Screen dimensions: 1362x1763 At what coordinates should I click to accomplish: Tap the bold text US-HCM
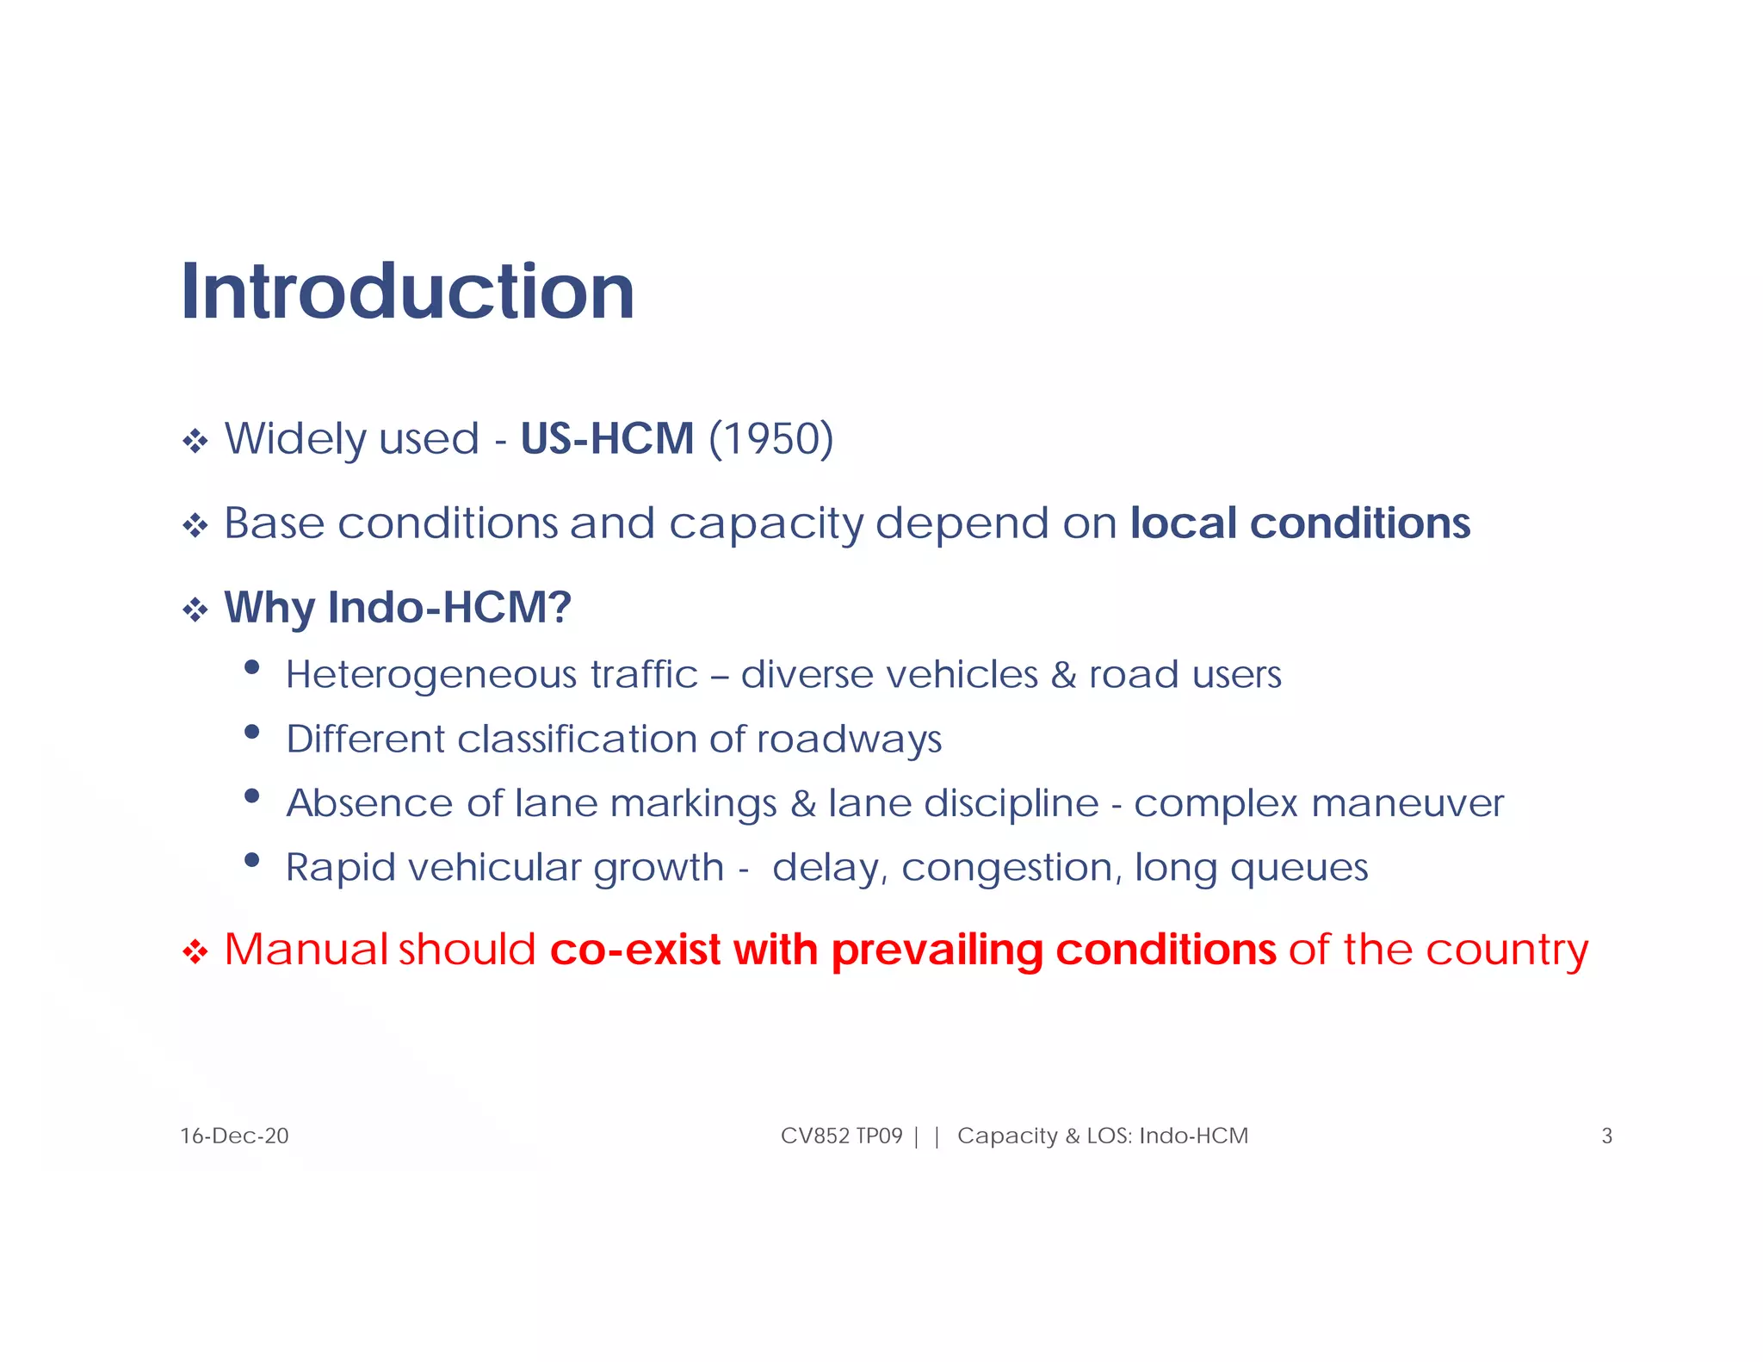pyautogui.click(x=607, y=439)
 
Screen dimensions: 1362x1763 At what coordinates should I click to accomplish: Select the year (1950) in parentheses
pyautogui.click(x=771, y=439)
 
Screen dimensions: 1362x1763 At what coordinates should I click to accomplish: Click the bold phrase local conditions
pyautogui.click(x=1300, y=523)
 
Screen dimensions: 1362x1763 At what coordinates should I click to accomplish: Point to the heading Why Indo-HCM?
pyautogui.click(x=398, y=608)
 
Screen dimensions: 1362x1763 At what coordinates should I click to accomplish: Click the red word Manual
pyautogui.click(x=306, y=950)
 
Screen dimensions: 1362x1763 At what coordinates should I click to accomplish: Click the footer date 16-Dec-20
pyautogui.click(x=234, y=1136)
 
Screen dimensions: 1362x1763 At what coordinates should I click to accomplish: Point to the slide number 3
pyautogui.click(x=1606, y=1136)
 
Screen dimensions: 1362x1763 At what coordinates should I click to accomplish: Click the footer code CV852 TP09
pyautogui.click(x=841, y=1136)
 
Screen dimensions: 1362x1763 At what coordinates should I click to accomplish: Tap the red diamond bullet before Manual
pyautogui.click(x=195, y=953)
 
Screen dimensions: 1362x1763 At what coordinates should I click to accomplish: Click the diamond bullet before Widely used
pyautogui.click(x=195, y=442)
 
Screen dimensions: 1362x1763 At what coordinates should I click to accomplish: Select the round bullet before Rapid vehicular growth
pyautogui.click(x=252, y=860)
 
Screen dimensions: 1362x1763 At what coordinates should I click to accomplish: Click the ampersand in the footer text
pyautogui.click(x=1072, y=1136)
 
